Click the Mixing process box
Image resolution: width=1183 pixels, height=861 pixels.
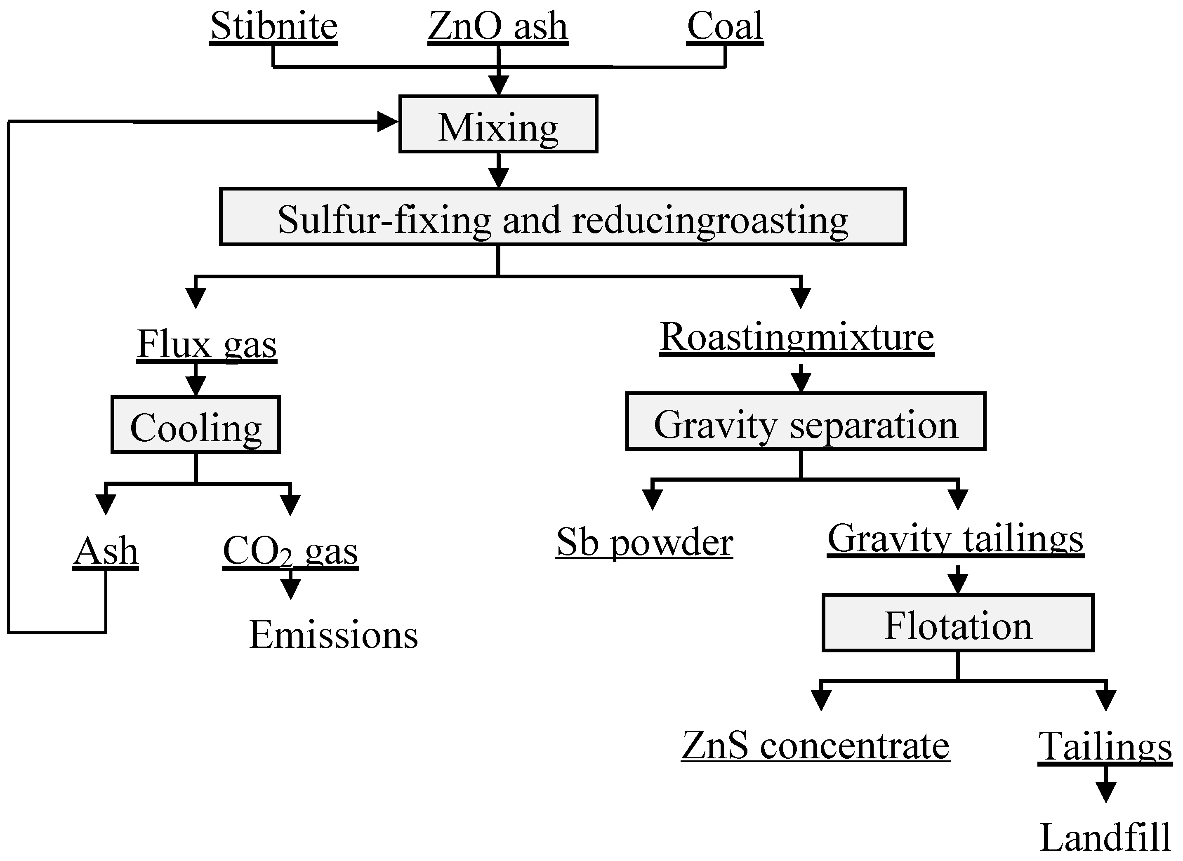tap(498, 124)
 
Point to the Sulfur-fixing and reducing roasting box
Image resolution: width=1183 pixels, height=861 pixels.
tap(563, 216)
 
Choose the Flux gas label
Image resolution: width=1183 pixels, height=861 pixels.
tap(207, 344)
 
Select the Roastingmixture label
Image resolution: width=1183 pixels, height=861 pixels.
tap(797, 337)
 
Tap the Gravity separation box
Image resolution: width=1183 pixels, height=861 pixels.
tap(805, 421)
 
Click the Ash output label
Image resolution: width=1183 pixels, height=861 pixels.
tap(106, 551)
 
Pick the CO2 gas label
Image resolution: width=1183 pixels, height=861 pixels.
tap(290, 552)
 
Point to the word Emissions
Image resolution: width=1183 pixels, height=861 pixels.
tap(333, 635)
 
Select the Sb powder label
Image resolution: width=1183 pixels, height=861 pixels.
tap(644, 542)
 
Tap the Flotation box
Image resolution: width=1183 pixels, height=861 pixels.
tap(958, 623)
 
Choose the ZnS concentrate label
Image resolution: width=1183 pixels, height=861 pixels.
tap(815, 746)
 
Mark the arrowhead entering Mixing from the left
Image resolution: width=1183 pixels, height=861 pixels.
tap(388, 122)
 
